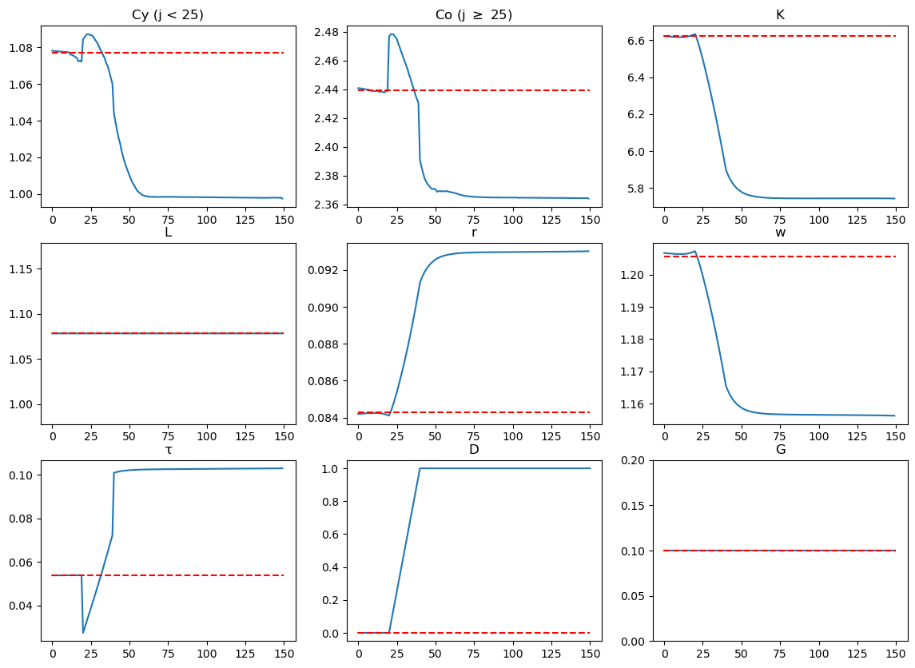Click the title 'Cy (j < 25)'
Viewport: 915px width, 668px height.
coord(168,15)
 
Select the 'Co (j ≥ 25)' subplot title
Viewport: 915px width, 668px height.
coord(474,15)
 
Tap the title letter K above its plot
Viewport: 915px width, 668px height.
coord(780,15)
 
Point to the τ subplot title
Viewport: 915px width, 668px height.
coord(168,449)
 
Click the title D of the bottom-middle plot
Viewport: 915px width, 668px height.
coord(474,449)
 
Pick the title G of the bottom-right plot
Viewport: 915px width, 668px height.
coord(780,449)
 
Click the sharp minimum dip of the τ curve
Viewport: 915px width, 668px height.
coord(83,633)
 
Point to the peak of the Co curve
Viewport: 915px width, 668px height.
coord(392,34)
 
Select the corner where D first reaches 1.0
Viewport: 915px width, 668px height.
coord(420,468)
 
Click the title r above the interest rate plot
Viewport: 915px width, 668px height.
coord(474,233)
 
